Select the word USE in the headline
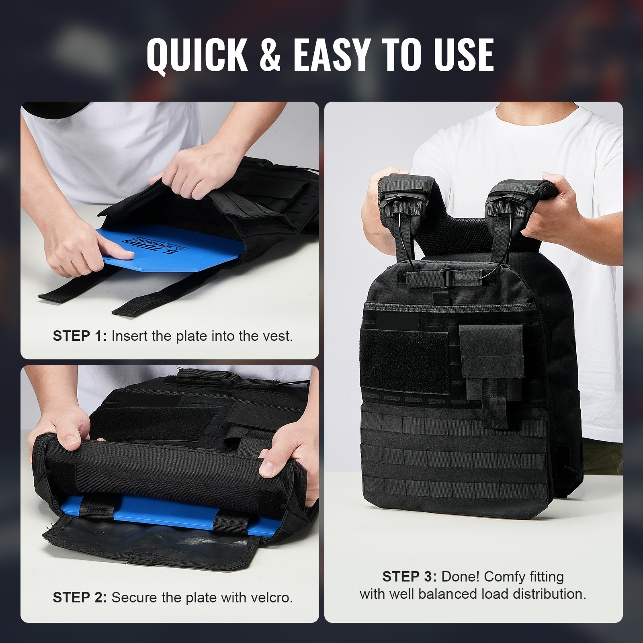tap(462, 55)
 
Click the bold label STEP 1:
tap(80, 336)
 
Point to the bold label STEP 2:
tap(80, 598)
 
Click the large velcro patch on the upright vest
tap(404, 362)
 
